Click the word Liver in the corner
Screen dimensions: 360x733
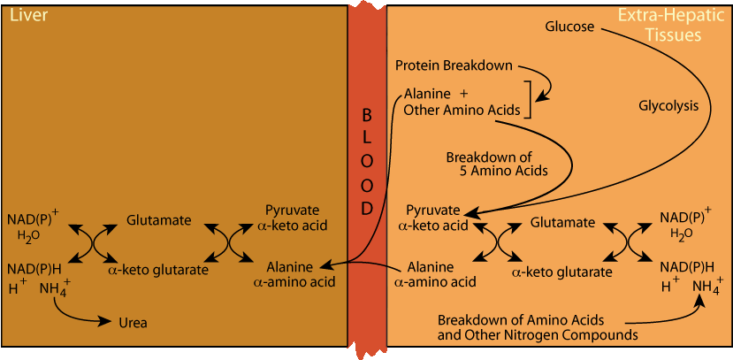tap(25, 15)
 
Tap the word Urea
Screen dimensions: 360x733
tap(133, 323)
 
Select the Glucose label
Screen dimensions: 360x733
tap(569, 27)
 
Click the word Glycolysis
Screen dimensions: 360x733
tap(668, 105)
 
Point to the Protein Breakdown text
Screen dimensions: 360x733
tap(454, 66)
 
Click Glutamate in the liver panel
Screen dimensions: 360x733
tap(158, 220)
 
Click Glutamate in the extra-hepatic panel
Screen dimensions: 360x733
tap(563, 223)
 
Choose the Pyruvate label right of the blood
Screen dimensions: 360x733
tap(432, 211)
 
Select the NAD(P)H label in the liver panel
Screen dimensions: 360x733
tap(34, 267)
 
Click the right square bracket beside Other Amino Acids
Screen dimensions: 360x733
tap(527, 100)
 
